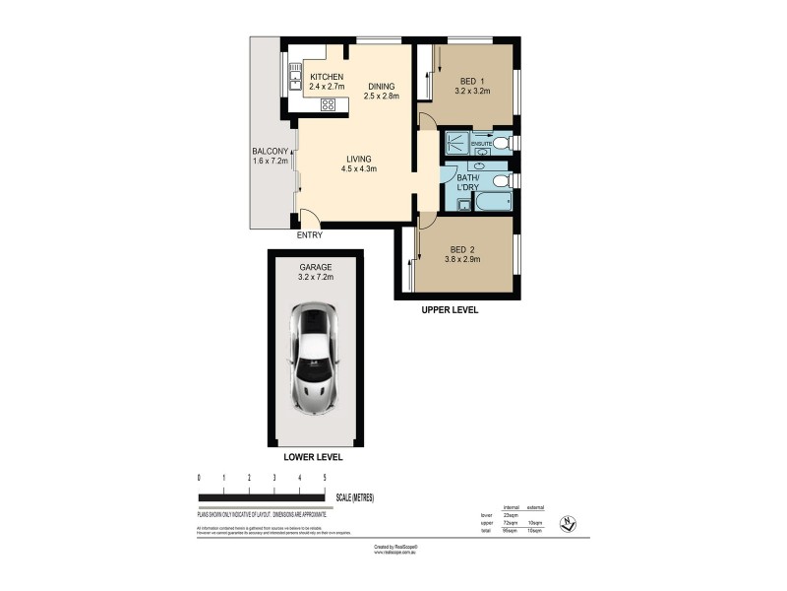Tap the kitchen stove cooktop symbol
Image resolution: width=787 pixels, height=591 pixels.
tap(329, 104)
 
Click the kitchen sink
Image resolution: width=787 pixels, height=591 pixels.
tap(294, 73)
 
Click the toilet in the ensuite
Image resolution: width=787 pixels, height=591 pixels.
tap(501, 145)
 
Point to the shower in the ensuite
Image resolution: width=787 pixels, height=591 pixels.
tap(457, 145)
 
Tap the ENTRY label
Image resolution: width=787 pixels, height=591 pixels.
tap(309, 234)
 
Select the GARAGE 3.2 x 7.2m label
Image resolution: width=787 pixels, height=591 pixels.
tap(317, 272)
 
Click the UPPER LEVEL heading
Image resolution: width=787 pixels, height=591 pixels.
tap(450, 309)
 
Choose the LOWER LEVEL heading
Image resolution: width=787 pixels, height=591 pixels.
tap(313, 458)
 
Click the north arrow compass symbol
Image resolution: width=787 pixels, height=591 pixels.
tap(567, 523)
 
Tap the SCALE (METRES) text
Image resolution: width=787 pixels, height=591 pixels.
tap(354, 498)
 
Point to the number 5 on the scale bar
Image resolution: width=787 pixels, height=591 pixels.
tap(326, 478)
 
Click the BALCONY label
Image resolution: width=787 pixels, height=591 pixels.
tap(270, 158)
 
